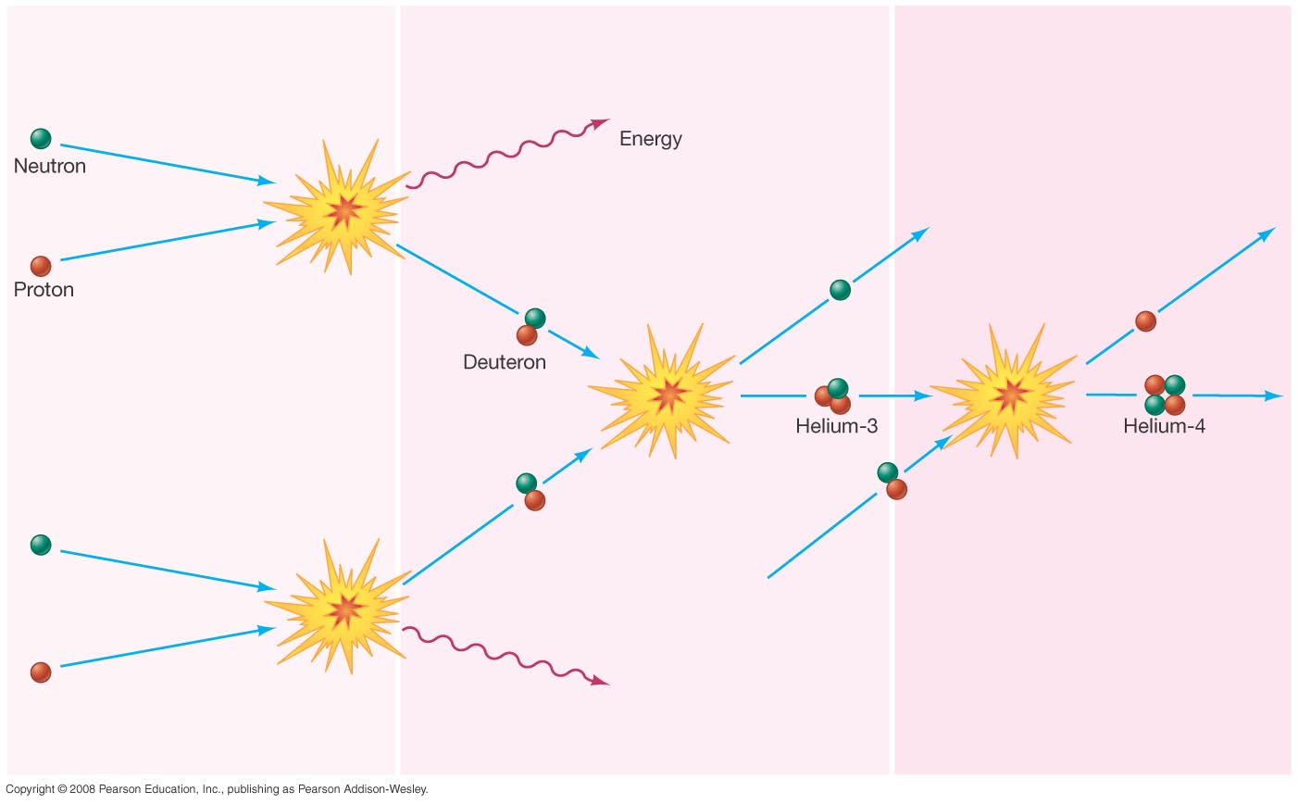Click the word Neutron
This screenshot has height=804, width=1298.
50,167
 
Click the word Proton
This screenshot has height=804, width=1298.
44,289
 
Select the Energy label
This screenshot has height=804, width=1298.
650,139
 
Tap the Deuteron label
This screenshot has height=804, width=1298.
505,362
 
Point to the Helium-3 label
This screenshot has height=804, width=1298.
836,426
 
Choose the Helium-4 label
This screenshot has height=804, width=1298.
1164,426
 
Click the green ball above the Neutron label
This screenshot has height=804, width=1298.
41,139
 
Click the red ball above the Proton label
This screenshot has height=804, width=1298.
41,266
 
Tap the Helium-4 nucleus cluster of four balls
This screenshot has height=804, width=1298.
1165,395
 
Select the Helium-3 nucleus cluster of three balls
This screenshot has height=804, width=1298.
833,396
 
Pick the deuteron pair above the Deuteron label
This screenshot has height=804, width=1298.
530,327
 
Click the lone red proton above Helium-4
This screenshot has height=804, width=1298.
1145,321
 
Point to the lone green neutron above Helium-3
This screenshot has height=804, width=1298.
841,290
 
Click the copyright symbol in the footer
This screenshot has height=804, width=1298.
61,789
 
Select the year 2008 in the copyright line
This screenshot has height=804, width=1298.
81,789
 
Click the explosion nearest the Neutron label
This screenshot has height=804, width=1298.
338,207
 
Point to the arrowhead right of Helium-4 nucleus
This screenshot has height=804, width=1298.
1274,396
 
